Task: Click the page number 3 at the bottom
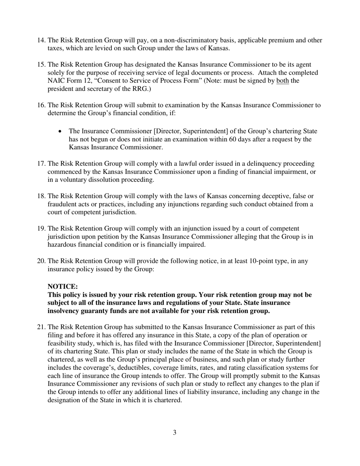(174, 432)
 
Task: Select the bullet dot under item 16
(61, 131)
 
